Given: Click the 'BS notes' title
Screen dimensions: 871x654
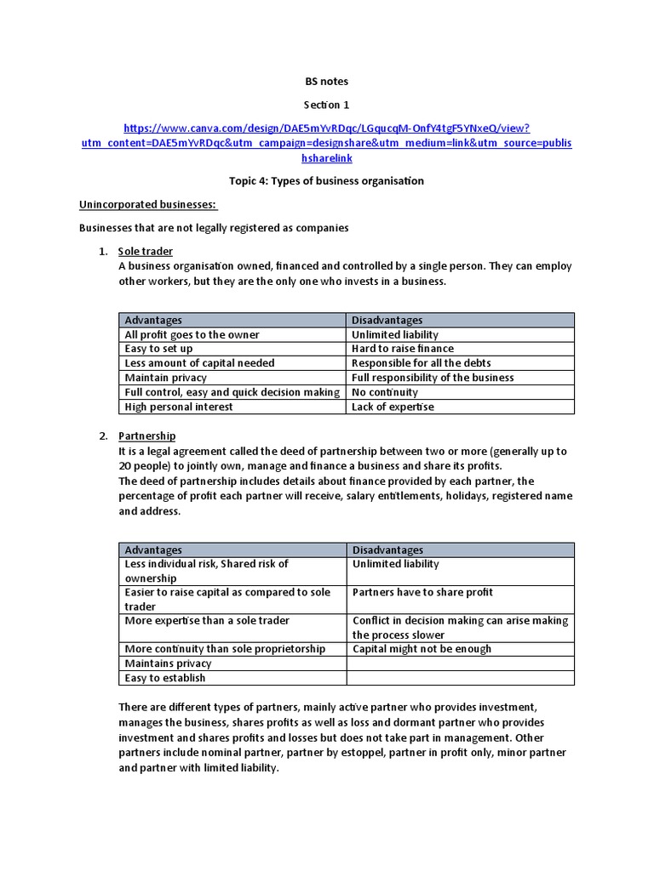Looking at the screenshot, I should pos(327,82).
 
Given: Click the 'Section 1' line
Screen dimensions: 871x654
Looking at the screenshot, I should pos(327,105).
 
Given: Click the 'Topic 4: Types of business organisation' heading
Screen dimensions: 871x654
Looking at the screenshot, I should pos(327,181).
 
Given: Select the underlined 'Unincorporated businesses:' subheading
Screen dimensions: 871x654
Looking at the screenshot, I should pos(148,205).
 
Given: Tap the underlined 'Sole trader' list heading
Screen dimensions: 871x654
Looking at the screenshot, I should pos(146,252).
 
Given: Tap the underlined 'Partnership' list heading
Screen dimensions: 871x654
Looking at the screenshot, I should pos(147,436).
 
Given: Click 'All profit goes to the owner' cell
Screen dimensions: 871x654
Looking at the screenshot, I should pos(192,335).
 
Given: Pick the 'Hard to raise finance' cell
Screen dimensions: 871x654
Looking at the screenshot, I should pos(403,349).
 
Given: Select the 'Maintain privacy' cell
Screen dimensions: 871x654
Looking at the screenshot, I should pos(166,378).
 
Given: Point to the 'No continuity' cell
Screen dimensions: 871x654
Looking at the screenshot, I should pos(385,392).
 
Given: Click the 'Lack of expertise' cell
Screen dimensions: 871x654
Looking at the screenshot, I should pos(393,407).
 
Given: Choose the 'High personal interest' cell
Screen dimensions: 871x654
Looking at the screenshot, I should pos(179,407).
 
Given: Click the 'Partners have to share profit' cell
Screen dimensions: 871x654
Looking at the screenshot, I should pos(422,592).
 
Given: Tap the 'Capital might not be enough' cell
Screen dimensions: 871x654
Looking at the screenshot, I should pos(422,649).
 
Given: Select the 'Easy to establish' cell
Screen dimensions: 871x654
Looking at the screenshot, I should pos(165,678).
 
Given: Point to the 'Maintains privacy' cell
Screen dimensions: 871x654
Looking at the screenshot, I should pos(169,663).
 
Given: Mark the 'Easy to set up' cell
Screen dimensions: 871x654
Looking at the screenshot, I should pos(159,349).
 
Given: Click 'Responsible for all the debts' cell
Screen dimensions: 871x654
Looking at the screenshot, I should pos(422,363).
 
